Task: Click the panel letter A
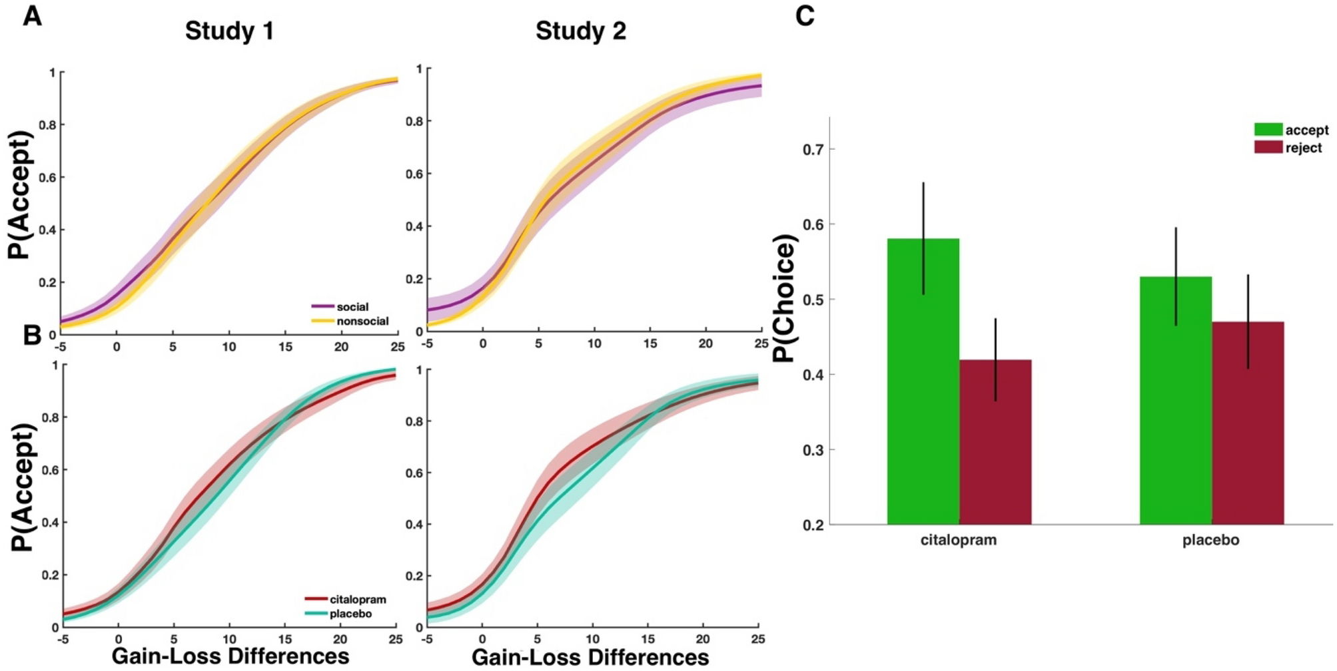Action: (x=32, y=15)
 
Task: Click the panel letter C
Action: (x=805, y=15)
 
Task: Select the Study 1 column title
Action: (x=229, y=31)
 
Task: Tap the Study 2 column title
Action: (x=580, y=31)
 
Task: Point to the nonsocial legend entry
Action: (x=350, y=322)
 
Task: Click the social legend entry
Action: (x=340, y=307)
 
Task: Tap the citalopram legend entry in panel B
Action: (x=346, y=600)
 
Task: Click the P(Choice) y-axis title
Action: (x=786, y=298)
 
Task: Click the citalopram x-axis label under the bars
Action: (x=959, y=541)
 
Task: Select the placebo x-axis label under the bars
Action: (x=1210, y=541)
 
